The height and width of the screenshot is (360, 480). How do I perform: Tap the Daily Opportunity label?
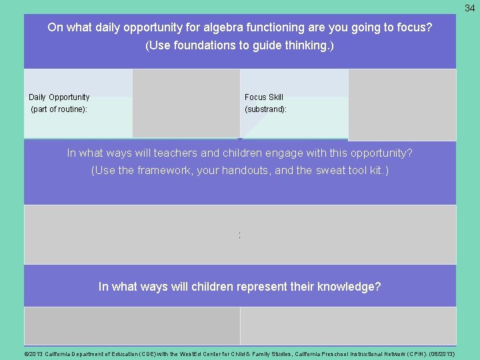tap(59, 97)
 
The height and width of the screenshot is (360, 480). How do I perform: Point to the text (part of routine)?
tap(59, 109)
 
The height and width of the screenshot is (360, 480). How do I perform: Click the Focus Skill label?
tap(264, 97)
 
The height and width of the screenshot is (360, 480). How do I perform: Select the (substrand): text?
tap(266, 109)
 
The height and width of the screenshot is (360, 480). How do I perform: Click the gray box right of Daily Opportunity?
tap(186, 103)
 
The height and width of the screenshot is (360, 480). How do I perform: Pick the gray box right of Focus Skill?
tap(402, 105)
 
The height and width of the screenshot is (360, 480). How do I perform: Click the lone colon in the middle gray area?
tap(239, 235)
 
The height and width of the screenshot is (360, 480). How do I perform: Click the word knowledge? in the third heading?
tap(349, 287)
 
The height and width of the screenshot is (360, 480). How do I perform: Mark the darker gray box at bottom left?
tap(132, 326)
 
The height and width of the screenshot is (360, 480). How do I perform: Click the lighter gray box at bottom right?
tap(347, 326)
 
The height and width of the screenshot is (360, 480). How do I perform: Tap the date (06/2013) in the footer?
tap(441, 354)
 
